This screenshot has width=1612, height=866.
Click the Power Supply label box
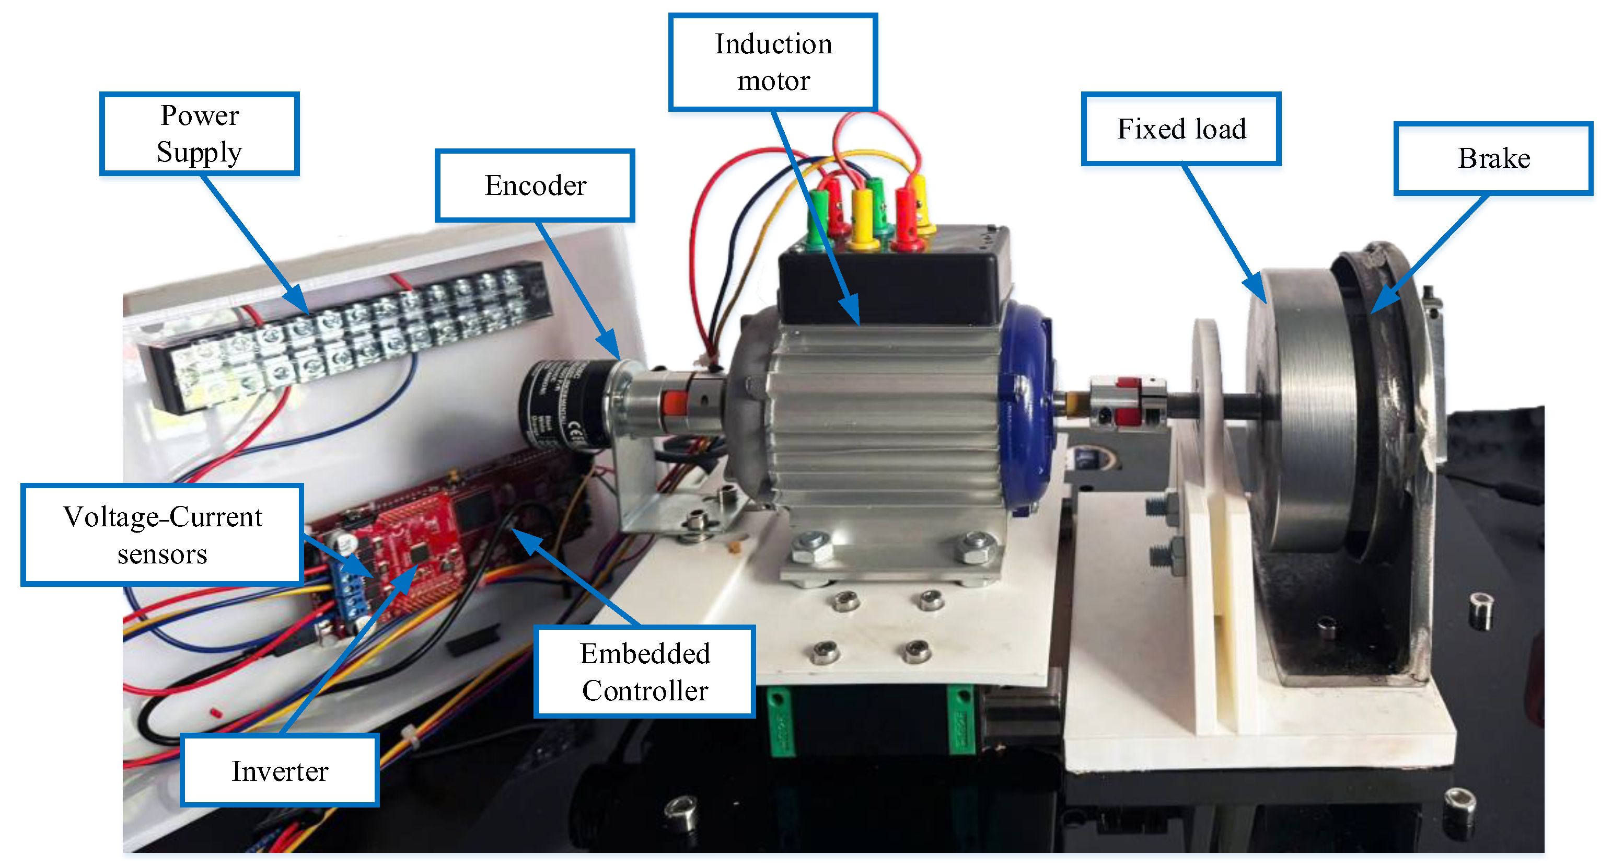(199, 134)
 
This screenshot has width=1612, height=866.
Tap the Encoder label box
(535, 185)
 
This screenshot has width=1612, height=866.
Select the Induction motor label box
(773, 63)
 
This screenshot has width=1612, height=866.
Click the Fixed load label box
(1181, 129)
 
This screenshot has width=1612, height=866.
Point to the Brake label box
(1493, 158)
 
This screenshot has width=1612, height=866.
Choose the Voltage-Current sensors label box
(163, 535)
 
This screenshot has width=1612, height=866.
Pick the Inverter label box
(280, 770)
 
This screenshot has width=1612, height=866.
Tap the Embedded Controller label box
(645, 672)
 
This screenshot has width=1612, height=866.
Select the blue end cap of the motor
(1026, 407)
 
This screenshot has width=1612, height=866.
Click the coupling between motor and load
(1127, 400)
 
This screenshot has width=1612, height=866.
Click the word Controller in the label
(645, 691)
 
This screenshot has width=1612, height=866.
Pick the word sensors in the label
(163, 555)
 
